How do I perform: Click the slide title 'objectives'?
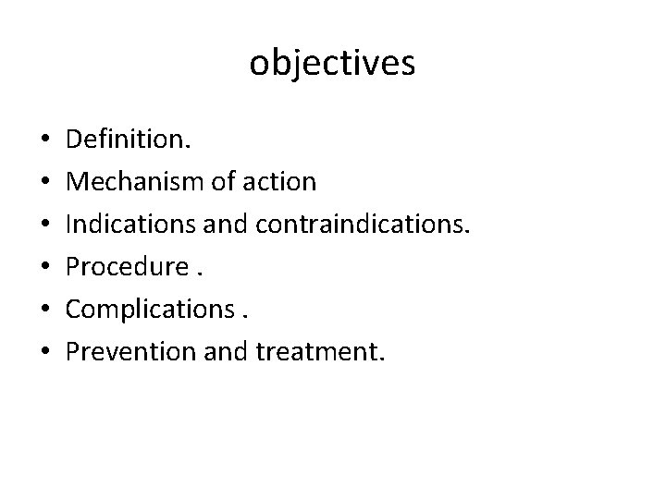point(332,64)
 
